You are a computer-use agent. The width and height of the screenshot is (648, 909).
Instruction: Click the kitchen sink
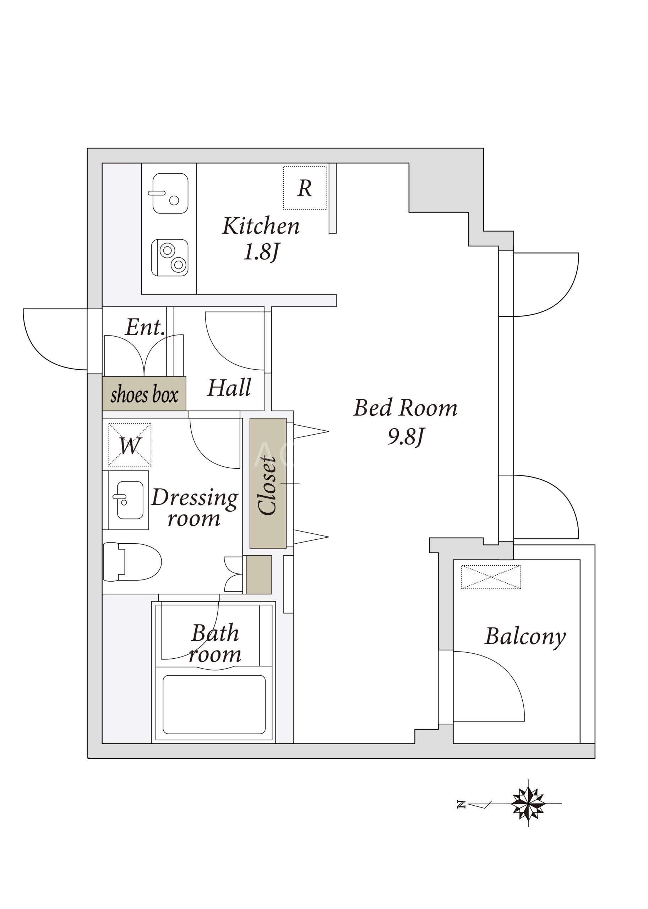tap(170, 194)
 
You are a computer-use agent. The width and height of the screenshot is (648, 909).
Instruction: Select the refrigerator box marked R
tap(305, 188)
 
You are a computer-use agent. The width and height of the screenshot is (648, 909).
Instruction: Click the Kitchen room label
tap(261, 226)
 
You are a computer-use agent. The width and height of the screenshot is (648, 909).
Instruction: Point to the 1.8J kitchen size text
tap(261, 252)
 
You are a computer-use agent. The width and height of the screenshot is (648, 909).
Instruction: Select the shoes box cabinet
tap(144, 393)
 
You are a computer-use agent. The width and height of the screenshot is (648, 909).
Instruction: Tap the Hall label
tap(229, 387)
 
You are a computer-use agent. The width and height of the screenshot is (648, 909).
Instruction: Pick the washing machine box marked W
tap(130, 445)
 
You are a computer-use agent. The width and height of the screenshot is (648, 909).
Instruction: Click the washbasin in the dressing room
tap(129, 500)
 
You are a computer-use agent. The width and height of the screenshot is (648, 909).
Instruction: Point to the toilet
tap(132, 562)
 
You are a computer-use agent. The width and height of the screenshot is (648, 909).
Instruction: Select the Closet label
tap(267, 486)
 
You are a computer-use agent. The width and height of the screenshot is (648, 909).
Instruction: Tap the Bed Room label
tap(405, 408)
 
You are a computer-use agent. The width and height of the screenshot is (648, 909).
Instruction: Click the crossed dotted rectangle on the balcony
tap(491, 577)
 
